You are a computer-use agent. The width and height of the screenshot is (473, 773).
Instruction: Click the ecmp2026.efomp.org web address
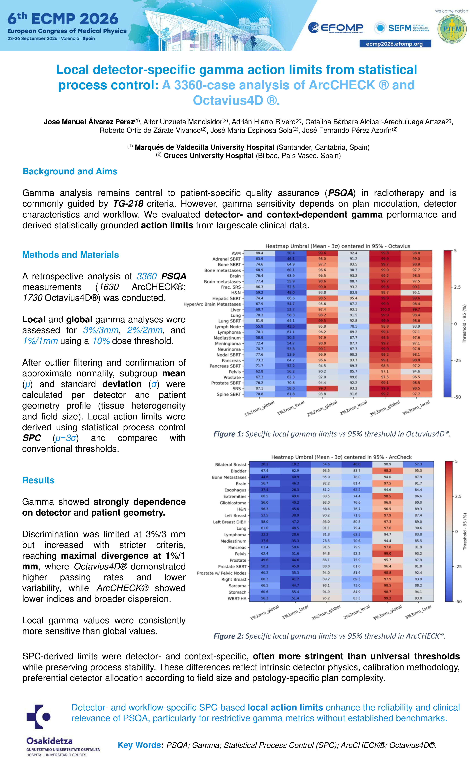click(395, 44)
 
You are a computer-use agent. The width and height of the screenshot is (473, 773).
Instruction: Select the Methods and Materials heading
click(71, 255)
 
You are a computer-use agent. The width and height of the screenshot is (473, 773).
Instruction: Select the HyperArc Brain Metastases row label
click(212, 304)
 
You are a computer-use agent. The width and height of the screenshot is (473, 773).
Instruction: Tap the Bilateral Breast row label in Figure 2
click(231, 465)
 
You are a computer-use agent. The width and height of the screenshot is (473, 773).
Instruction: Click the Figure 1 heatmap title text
click(338, 246)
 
